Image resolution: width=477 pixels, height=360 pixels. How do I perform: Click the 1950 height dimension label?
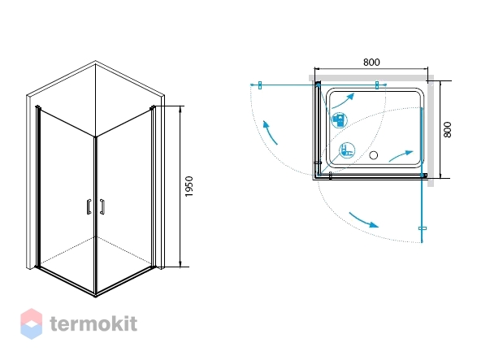(189, 186)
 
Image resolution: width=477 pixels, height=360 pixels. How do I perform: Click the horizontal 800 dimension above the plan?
(371, 62)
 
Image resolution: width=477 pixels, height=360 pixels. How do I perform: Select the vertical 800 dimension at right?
(447, 130)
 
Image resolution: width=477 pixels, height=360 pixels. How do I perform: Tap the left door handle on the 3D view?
(89, 207)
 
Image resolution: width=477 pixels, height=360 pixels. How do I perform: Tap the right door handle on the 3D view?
(102, 207)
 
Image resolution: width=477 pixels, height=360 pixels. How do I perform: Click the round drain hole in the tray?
(373, 155)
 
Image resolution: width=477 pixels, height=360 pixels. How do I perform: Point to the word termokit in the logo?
(93, 323)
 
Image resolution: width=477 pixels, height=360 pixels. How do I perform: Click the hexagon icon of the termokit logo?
(32, 323)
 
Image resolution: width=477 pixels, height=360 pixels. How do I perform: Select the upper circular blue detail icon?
(339, 120)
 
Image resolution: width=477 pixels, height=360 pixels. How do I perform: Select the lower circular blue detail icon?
(347, 150)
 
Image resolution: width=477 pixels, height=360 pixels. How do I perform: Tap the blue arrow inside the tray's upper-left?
(343, 102)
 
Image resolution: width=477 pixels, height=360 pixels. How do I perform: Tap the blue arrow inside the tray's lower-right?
(401, 155)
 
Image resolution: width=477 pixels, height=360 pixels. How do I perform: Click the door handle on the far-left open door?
(260, 85)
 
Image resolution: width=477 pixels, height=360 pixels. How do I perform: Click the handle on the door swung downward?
(423, 228)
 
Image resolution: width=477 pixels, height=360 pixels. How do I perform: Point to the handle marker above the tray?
(377, 85)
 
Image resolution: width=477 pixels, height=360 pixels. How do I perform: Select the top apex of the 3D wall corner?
(95, 61)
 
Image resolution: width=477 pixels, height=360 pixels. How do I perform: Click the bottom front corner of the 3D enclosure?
(96, 296)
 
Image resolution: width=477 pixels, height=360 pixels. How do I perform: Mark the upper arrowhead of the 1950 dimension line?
(180, 107)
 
